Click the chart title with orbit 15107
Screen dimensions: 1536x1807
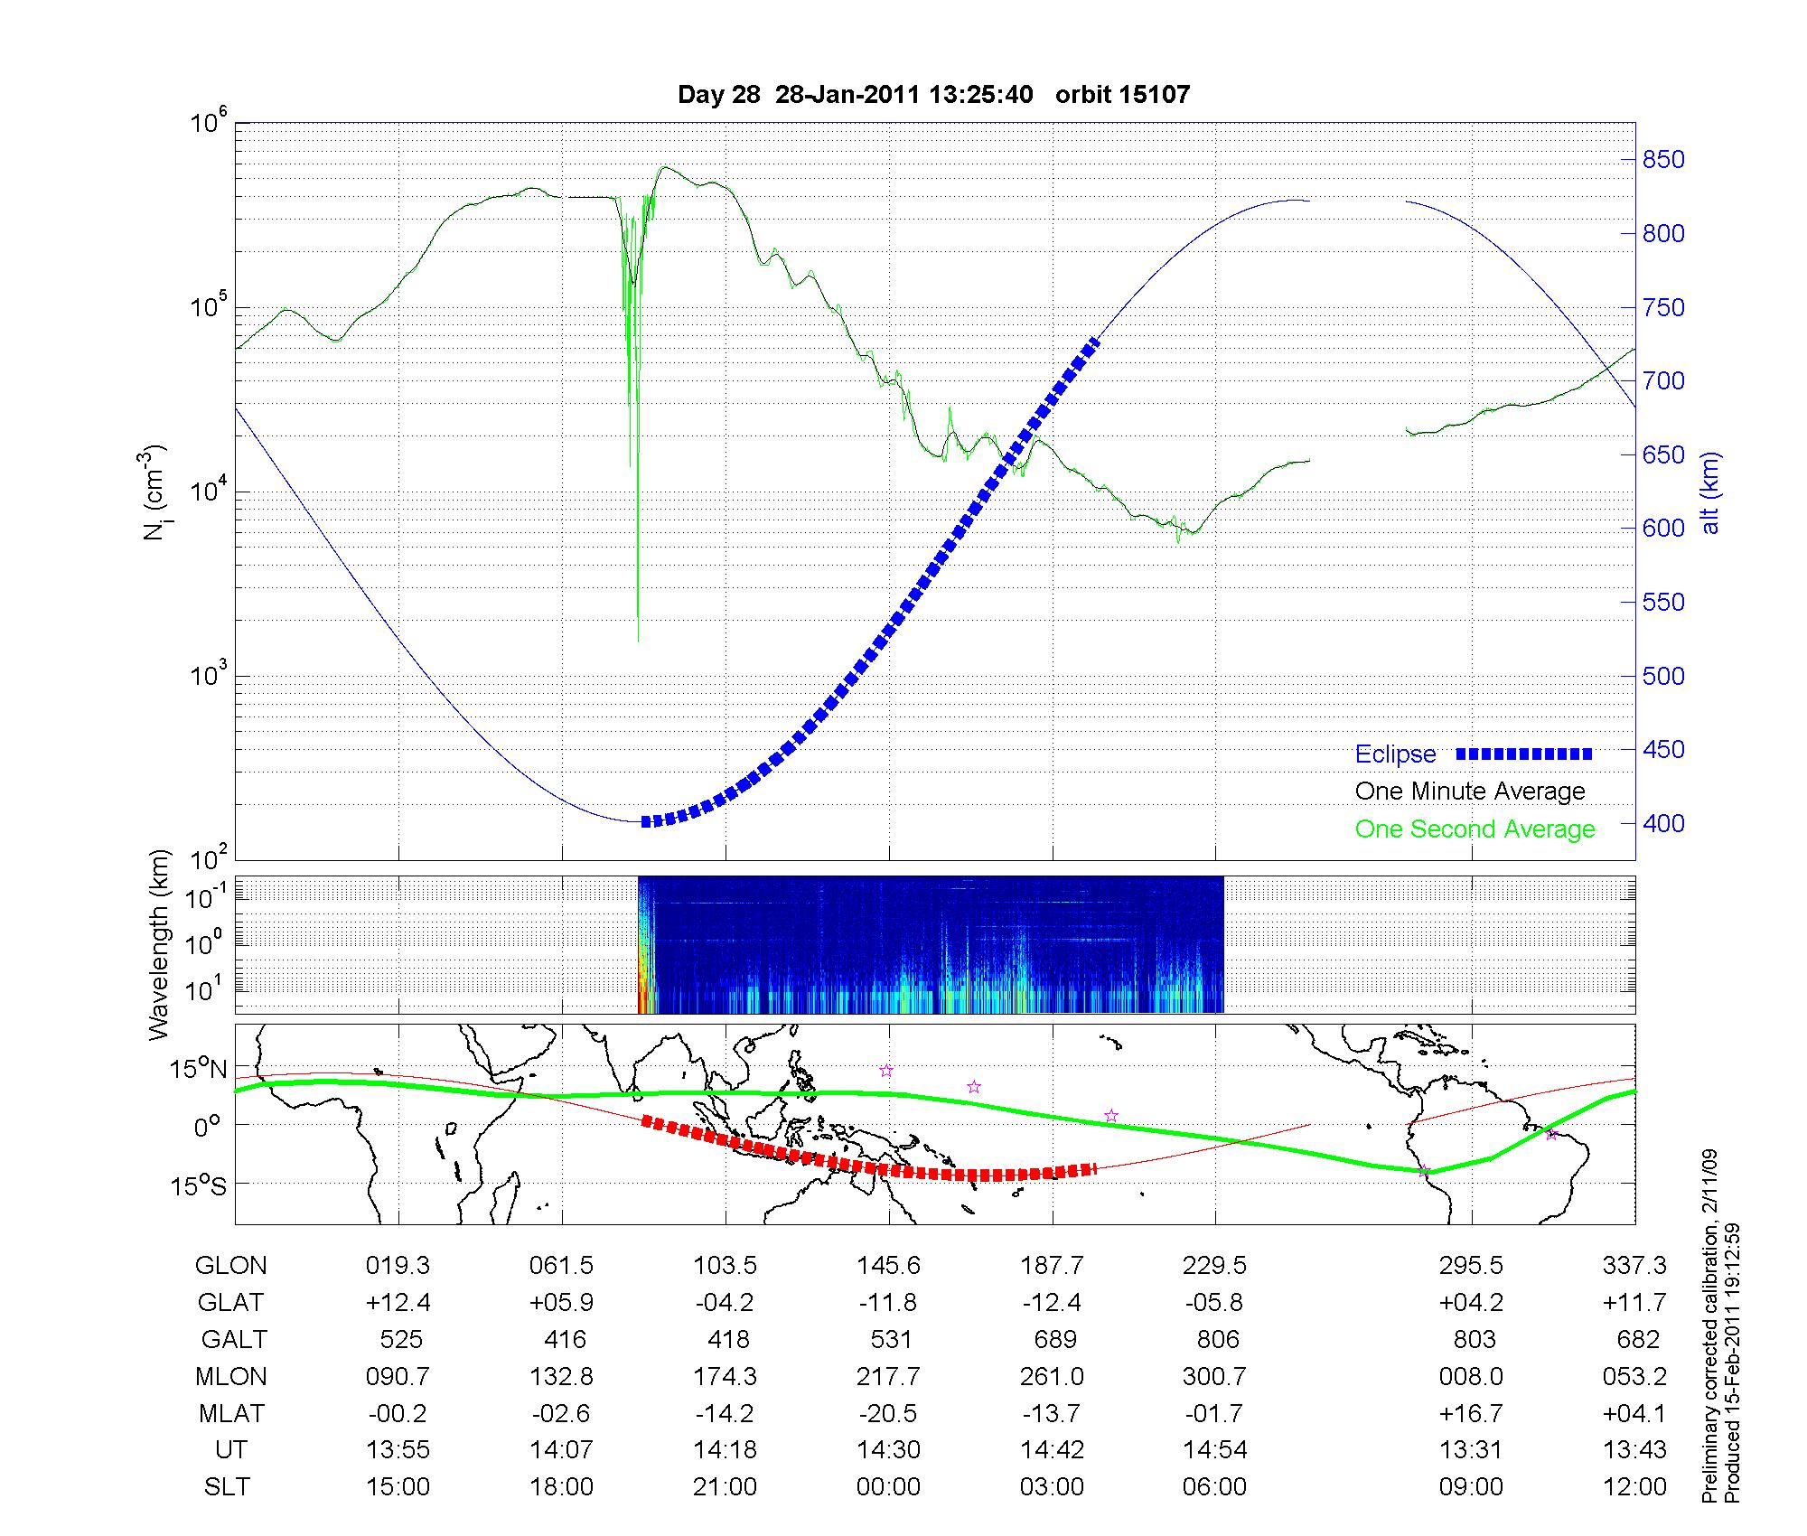[933, 94]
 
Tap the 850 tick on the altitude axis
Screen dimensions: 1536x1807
[1662, 160]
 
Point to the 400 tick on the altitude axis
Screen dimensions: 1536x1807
[1662, 823]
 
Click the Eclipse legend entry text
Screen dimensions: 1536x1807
[1395, 754]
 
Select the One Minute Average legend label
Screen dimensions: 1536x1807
[1470, 791]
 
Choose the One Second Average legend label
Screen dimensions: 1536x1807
[1475, 829]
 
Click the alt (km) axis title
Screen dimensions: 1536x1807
[1709, 492]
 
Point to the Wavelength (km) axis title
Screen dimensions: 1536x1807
[159, 944]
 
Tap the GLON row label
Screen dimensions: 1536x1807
[230, 1265]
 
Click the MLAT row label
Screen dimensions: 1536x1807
[230, 1413]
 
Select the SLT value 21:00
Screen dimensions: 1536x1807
[725, 1486]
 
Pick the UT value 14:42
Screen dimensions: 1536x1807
[1052, 1450]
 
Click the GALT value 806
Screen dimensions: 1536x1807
[1216, 1339]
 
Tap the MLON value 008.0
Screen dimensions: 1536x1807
[1471, 1376]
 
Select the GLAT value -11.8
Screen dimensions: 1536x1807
[888, 1302]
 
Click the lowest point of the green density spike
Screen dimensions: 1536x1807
[638, 641]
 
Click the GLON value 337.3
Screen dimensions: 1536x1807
[1634, 1265]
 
